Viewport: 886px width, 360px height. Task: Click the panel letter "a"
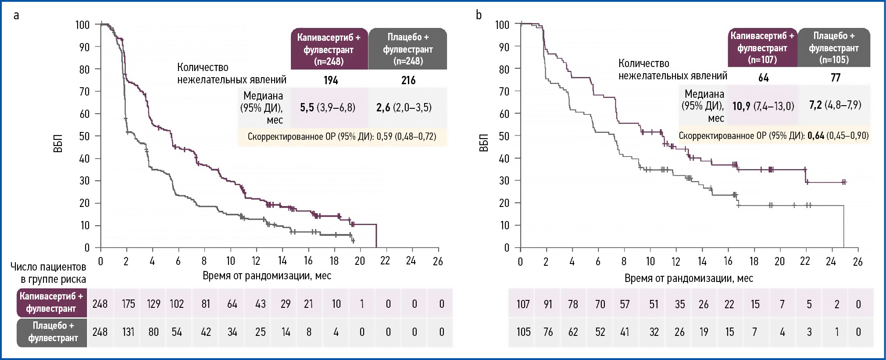[x=16, y=16]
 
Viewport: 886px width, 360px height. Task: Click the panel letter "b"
[x=479, y=15]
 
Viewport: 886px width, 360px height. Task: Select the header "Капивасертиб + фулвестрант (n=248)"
[x=329, y=49]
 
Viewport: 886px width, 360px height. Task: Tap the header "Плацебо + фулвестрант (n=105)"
[x=834, y=48]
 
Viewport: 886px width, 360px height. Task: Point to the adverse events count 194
[x=331, y=80]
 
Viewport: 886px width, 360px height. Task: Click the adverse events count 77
[x=836, y=78]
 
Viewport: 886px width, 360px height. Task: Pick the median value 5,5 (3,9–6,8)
[x=328, y=107]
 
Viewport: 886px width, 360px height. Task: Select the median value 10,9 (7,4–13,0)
[x=763, y=106]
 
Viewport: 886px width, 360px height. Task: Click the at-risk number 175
[x=128, y=304]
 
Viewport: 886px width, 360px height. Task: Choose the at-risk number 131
[x=128, y=332]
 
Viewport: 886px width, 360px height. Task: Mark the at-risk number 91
[x=548, y=304]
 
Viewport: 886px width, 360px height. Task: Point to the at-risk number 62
[x=573, y=332]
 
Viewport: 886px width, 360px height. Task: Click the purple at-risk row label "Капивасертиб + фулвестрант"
[x=51, y=303]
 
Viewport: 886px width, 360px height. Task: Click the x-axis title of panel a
[x=267, y=276]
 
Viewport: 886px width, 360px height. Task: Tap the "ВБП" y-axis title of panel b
[x=483, y=143]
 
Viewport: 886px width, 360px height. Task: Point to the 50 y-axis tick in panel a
[x=84, y=136]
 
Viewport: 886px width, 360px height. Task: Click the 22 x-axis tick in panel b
[x=805, y=261]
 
